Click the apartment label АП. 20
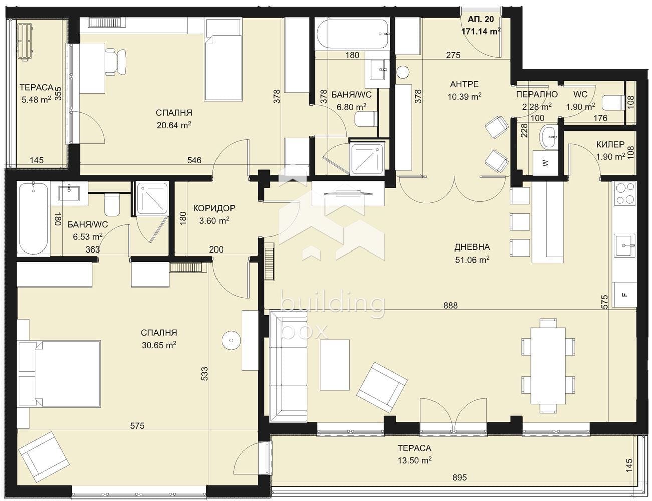(481, 19)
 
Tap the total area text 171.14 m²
(481, 31)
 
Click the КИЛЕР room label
(610, 144)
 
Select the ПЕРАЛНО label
(537, 95)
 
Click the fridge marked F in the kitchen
(624, 295)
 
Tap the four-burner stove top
(625, 194)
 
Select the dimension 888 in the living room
(451, 305)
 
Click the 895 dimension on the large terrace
(459, 477)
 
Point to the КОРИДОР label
(214, 208)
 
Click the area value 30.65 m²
(159, 345)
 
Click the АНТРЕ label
(464, 84)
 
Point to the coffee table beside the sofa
(335, 365)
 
